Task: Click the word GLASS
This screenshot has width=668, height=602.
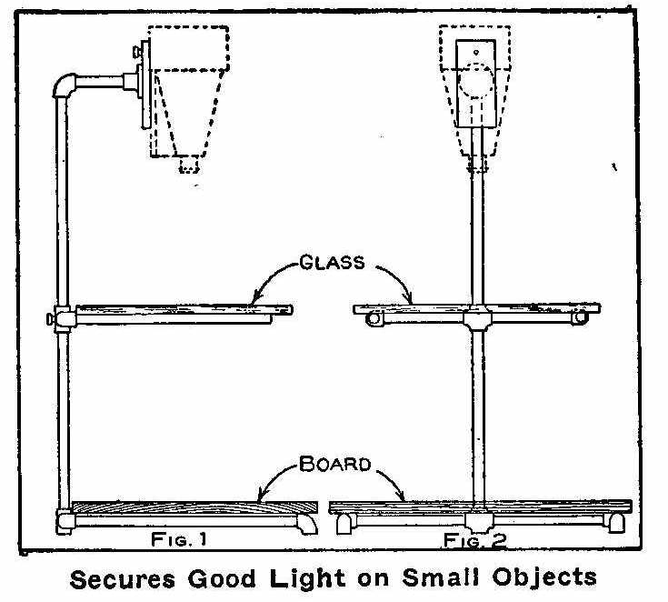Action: (332, 262)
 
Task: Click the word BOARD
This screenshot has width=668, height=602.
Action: (334, 464)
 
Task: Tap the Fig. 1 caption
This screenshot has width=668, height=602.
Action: (179, 540)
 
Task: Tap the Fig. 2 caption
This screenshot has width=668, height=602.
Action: (475, 540)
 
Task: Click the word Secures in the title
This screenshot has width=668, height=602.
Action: (123, 579)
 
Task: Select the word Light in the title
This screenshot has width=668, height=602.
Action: (307, 579)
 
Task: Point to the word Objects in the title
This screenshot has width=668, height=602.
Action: (544, 577)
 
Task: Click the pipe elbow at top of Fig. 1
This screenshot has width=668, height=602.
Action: (65, 85)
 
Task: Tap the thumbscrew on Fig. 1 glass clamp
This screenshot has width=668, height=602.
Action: (51, 318)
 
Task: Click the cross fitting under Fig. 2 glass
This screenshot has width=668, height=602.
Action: (477, 317)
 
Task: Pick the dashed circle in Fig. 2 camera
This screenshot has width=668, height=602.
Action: (476, 80)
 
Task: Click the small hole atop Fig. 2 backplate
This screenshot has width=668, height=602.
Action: (476, 53)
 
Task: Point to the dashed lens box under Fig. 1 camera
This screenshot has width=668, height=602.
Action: (189, 165)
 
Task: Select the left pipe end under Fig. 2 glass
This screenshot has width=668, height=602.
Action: (374, 318)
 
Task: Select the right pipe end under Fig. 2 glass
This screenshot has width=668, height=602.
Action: (580, 317)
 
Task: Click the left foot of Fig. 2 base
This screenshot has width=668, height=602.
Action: (345, 523)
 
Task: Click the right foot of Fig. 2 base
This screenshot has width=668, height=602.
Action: (616, 523)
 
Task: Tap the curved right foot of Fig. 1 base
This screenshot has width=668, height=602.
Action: (307, 524)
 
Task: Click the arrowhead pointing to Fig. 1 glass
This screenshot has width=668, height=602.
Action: (256, 296)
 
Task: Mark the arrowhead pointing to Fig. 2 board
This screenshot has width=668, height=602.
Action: (400, 496)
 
